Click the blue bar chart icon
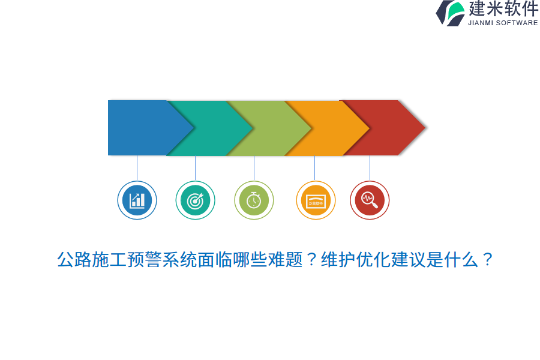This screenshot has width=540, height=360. tap(137, 200)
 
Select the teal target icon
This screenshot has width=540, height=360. tap(195, 200)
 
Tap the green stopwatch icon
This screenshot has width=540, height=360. tap(254, 200)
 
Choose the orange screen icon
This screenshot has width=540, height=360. tap(316, 200)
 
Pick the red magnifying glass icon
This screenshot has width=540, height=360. tap(370, 200)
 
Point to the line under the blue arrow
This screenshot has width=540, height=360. tap(137, 168)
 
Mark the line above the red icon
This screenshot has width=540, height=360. tap(370, 168)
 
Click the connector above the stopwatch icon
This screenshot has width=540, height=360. tap(254, 168)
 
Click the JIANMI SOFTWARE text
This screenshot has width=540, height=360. tap(503, 23)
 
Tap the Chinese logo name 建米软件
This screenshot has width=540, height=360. tap(503, 9)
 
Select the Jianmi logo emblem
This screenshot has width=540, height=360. tap(451, 13)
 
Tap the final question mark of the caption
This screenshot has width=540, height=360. tap(487, 260)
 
